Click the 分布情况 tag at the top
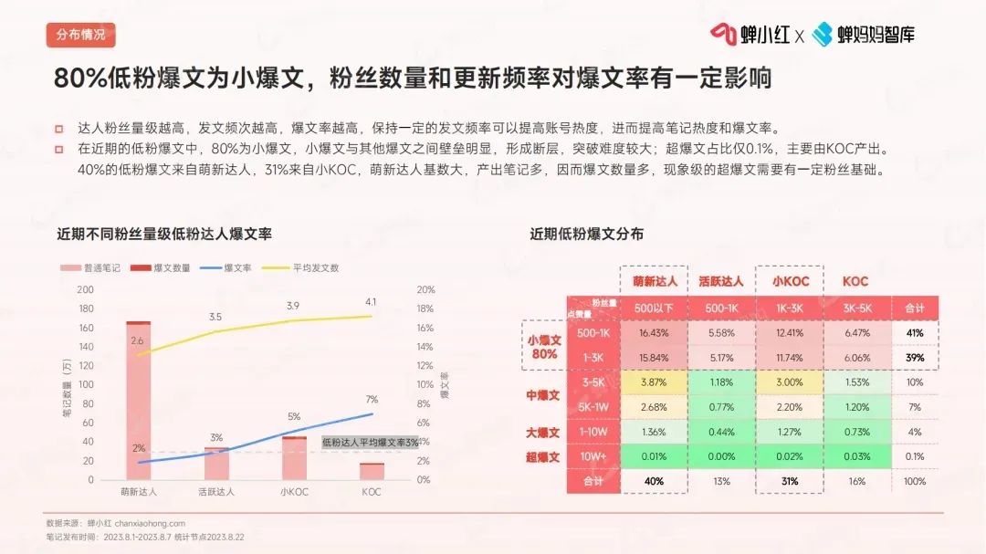tap(80, 36)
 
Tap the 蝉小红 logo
tap(750, 35)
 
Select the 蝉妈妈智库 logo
tap(863, 35)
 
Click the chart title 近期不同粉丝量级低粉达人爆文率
tap(164, 234)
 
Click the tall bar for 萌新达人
tap(139, 402)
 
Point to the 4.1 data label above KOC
tap(371, 301)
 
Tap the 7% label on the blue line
tap(371, 400)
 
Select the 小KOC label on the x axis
tap(294, 492)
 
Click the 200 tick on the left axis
tap(87, 289)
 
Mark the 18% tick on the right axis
tap(425, 308)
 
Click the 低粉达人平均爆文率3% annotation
tap(370, 442)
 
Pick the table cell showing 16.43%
tap(655, 333)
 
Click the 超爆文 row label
tap(542, 456)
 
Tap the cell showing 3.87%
tap(655, 382)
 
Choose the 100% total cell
tap(914, 481)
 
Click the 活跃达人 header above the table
tap(720, 281)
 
